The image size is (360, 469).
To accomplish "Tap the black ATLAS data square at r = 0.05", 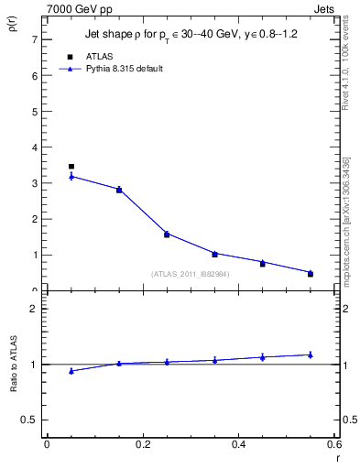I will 71,167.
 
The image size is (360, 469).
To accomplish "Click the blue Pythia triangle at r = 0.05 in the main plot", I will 71,176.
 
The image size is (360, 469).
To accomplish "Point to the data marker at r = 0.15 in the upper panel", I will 119,190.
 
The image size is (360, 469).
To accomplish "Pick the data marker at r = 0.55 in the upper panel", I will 311,273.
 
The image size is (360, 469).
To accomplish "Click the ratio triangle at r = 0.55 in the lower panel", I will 311,354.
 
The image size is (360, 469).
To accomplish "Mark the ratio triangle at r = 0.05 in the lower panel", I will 71,371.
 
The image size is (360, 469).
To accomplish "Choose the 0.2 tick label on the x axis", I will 143,444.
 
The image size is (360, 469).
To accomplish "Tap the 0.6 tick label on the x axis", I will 334,444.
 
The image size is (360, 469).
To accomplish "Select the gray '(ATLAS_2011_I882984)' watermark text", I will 191,273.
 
